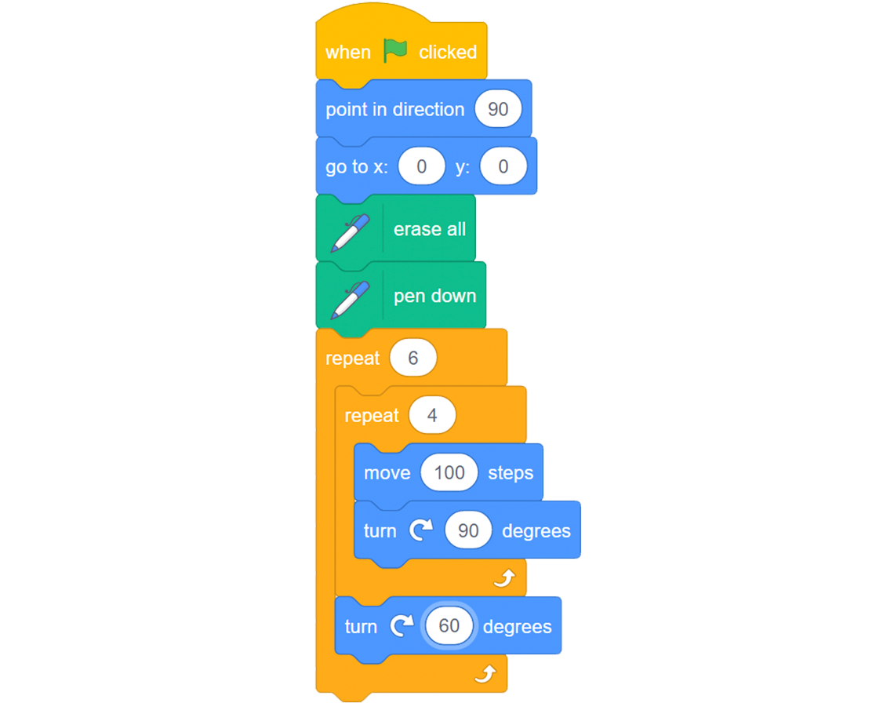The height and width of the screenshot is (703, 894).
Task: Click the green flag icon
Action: [x=394, y=50]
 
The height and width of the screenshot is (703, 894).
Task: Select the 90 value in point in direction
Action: [x=498, y=109]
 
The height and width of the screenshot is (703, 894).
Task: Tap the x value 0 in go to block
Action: [x=421, y=166]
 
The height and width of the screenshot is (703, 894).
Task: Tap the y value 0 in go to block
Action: [x=503, y=166]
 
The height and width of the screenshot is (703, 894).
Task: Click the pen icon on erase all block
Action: [x=350, y=233]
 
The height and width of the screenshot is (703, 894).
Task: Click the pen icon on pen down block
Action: [x=350, y=300]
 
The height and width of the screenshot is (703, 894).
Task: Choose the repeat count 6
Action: [x=413, y=358]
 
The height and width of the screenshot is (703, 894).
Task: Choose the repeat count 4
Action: [x=432, y=415]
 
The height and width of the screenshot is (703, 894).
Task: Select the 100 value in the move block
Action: [x=449, y=472]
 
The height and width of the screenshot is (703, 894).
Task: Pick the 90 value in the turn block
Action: [x=468, y=530]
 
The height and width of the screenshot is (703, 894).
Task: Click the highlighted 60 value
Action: [x=449, y=626]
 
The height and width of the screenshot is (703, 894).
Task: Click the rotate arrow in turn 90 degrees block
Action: [x=421, y=530]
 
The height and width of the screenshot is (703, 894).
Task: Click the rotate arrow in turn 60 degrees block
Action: [x=402, y=626]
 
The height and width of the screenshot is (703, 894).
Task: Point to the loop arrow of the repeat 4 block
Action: [x=504, y=578]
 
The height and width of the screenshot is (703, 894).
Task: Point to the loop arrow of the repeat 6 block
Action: [x=485, y=674]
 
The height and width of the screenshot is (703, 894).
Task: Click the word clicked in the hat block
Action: [x=448, y=52]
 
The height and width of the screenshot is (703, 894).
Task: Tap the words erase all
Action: [x=429, y=229]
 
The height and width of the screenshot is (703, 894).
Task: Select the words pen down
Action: [x=434, y=296]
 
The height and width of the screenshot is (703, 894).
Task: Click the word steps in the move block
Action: [x=511, y=473]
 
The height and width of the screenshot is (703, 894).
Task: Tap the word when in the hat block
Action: [x=347, y=52]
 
